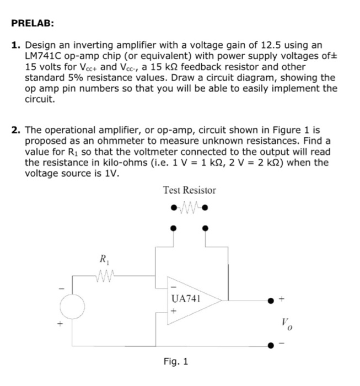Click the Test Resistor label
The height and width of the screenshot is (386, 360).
(x=190, y=190)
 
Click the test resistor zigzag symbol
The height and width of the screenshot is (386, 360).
(x=190, y=208)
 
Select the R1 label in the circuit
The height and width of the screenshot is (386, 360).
(x=103, y=258)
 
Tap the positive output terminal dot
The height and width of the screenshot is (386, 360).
(x=270, y=301)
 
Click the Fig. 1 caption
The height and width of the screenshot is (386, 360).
(x=176, y=362)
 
